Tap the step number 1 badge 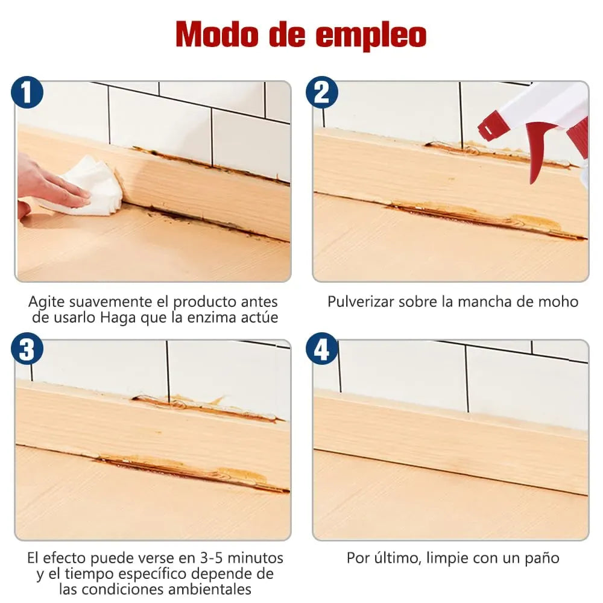27,93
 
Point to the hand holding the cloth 42,184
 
